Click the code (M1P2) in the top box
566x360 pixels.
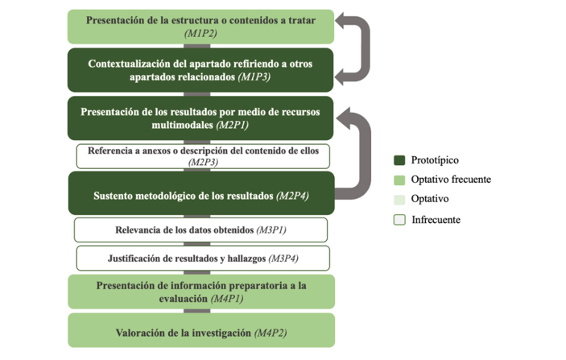point(200,34)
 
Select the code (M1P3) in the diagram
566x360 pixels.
point(254,77)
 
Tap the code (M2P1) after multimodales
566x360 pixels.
point(233,126)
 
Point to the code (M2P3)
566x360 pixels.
point(203,162)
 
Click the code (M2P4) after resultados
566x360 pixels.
point(292,196)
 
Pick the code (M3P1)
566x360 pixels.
point(271,230)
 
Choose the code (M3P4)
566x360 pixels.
point(283,259)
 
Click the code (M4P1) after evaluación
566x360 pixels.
point(227,299)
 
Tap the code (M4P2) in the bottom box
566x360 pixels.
point(271,333)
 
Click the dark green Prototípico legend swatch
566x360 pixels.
point(399,160)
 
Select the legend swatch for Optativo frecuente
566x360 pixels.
point(399,180)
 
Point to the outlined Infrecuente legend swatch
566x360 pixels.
point(399,220)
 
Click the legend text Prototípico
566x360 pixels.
point(435,160)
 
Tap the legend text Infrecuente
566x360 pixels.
point(436,220)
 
